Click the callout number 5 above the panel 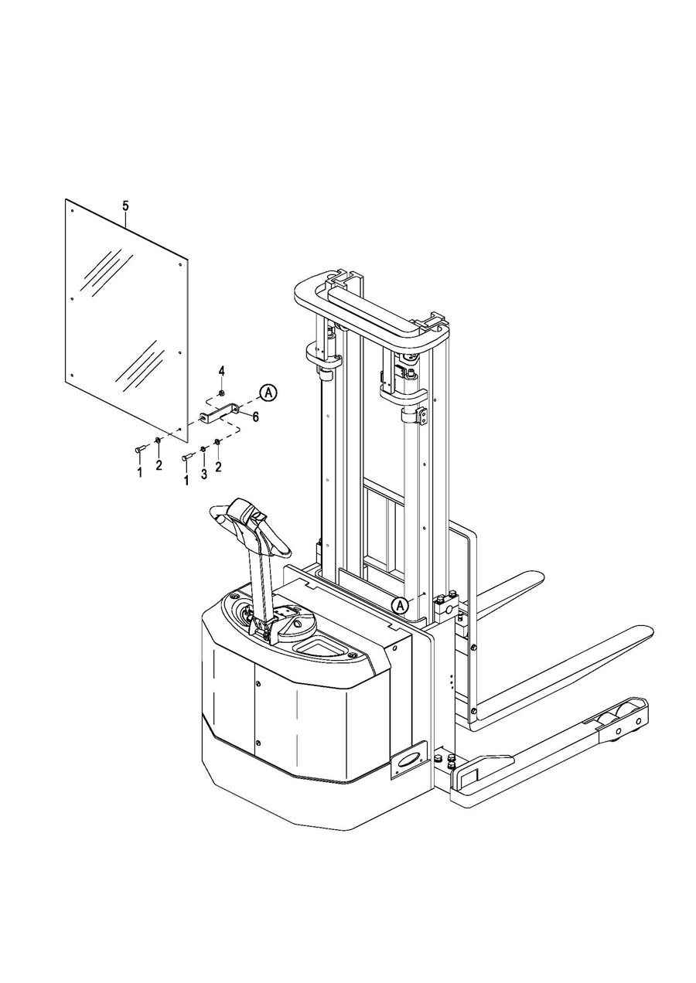[126, 206]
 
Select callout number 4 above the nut [222, 371]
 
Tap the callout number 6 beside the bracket [255, 417]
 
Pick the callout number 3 [203, 474]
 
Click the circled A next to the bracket [268, 393]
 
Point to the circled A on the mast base [400, 605]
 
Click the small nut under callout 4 [222, 393]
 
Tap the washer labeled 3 [203, 449]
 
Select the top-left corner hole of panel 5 [73, 211]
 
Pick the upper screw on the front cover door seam [258, 683]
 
